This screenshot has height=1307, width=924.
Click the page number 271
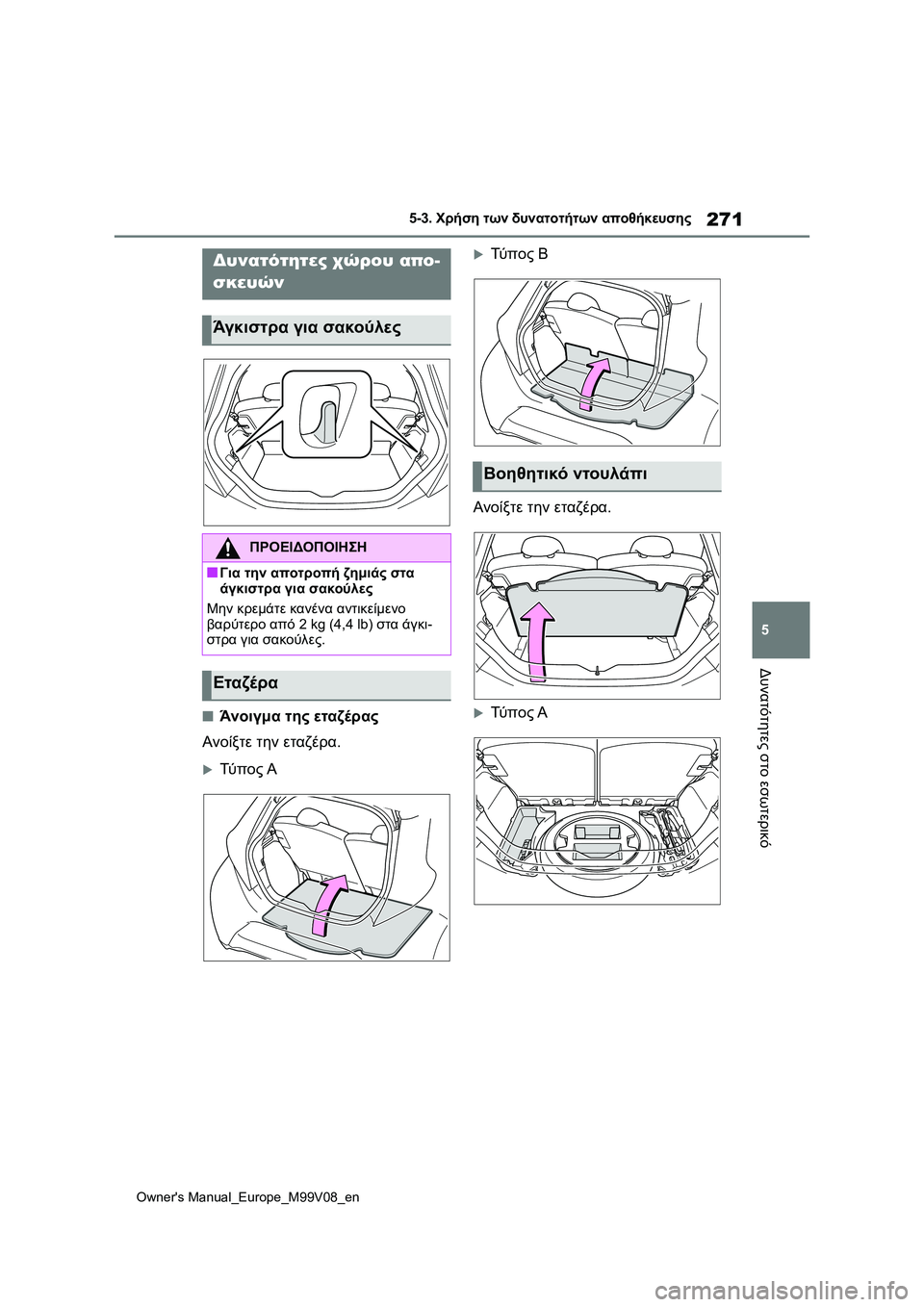pos(724,219)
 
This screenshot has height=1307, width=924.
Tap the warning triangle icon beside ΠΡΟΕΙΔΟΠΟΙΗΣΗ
pos(227,549)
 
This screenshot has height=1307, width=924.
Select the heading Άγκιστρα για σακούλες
pos(307,328)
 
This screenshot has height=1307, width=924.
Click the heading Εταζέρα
pos(245,683)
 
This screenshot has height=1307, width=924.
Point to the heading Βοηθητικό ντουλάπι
pos(565,474)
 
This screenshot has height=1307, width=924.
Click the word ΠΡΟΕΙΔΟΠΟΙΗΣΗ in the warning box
pos(307,548)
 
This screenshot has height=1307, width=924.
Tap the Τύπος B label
pos(519,254)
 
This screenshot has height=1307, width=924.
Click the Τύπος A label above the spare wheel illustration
pos(519,713)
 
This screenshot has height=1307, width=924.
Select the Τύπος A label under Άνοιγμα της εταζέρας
pos(247,769)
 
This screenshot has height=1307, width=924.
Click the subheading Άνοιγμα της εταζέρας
pos(298,717)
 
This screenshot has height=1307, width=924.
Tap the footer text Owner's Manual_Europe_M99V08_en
pos(247,1197)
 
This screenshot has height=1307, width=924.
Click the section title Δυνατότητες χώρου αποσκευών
pos(326,271)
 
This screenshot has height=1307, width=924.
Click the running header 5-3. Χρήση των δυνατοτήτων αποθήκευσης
pos(550,219)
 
